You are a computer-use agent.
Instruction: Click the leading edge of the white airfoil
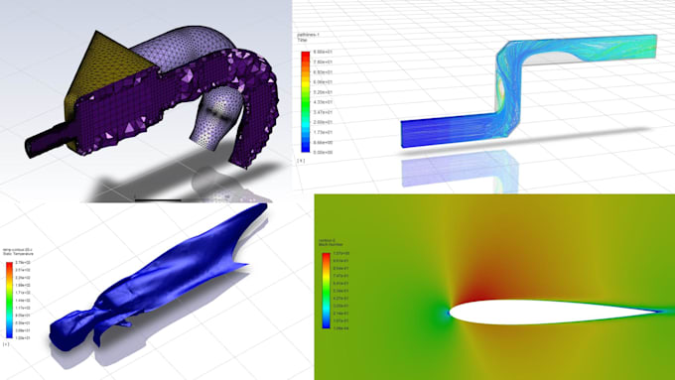click(x=452, y=312)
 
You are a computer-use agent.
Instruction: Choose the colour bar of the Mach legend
click(x=326, y=291)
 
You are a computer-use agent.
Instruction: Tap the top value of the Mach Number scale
click(x=339, y=255)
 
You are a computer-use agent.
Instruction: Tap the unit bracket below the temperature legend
click(x=7, y=343)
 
